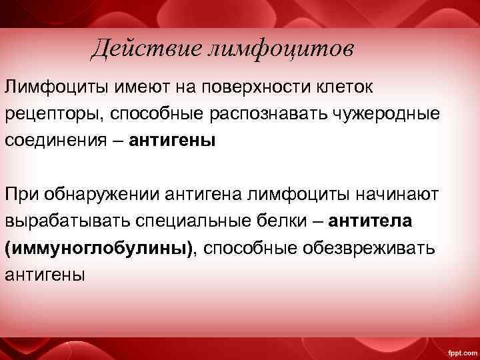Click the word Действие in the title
coord(137,48)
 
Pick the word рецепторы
coord(51,114)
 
